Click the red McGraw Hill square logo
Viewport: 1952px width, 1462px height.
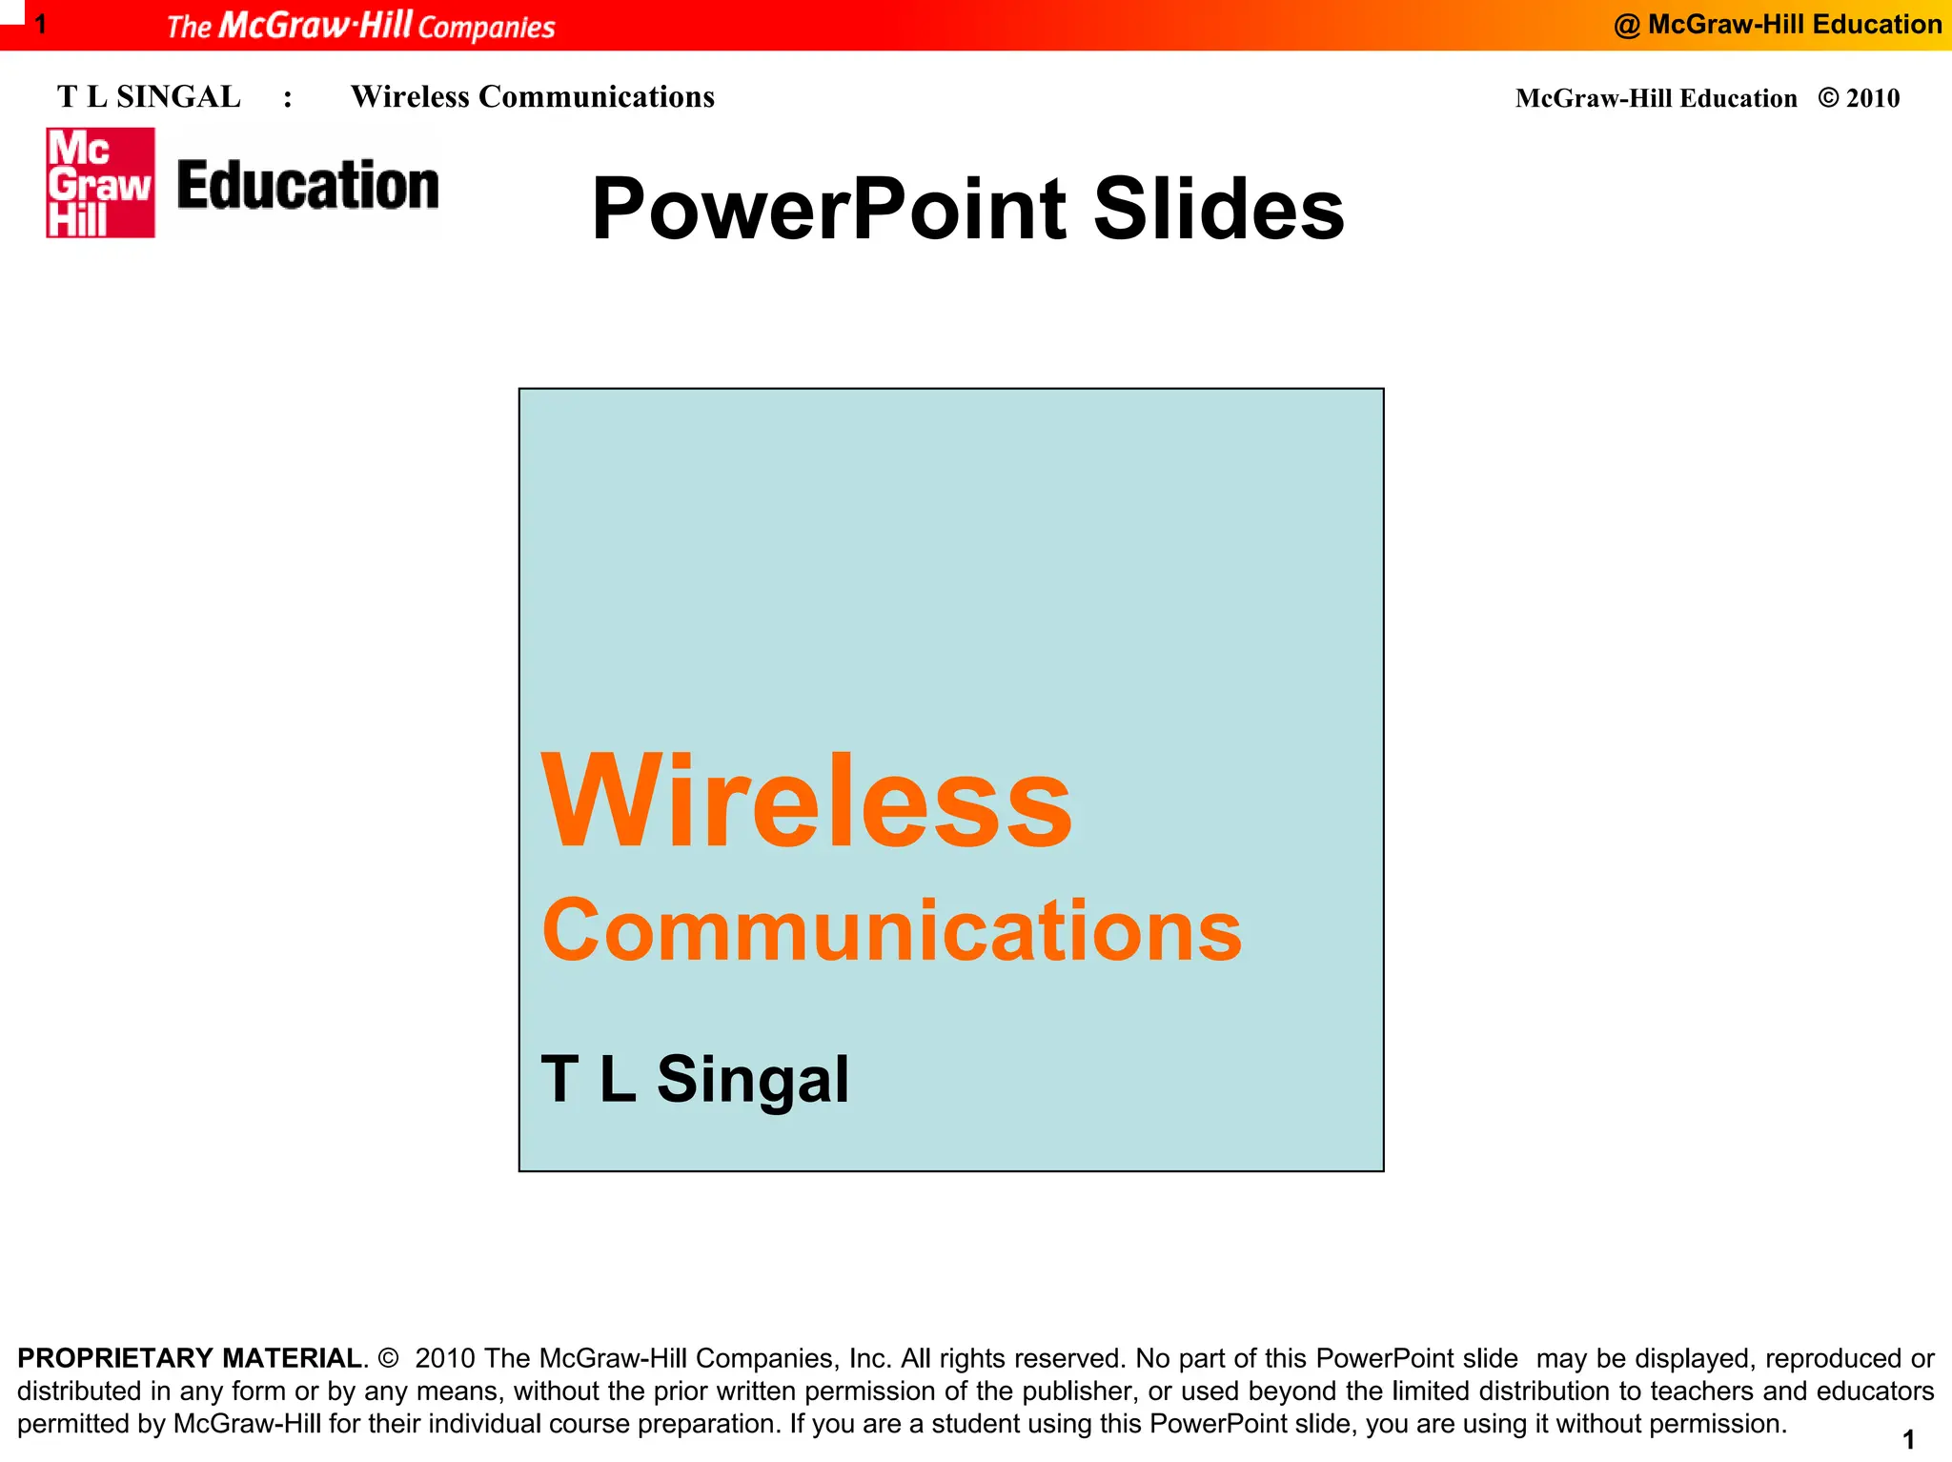click(x=100, y=182)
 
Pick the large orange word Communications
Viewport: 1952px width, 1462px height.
click(x=891, y=931)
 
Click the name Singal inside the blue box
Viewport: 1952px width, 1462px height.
click(x=752, y=1080)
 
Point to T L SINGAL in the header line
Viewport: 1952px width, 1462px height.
click(x=149, y=97)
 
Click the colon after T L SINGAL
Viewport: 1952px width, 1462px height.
click(x=287, y=99)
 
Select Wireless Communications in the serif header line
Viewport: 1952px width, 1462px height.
click(x=532, y=97)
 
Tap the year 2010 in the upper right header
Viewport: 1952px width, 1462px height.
click(x=1872, y=98)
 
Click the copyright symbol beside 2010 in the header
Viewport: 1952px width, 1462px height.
click(x=1827, y=98)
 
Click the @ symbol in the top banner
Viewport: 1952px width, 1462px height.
click(x=1626, y=26)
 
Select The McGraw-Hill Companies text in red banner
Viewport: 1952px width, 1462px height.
click(x=360, y=26)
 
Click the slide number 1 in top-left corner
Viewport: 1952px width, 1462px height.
click(x=41, y=24)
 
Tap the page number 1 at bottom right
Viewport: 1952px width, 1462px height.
click(x=1908, y=1439)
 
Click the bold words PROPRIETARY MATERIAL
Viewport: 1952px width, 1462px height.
click(x=189, y=1358)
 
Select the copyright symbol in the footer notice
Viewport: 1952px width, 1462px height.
click(x=387, y=1358)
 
